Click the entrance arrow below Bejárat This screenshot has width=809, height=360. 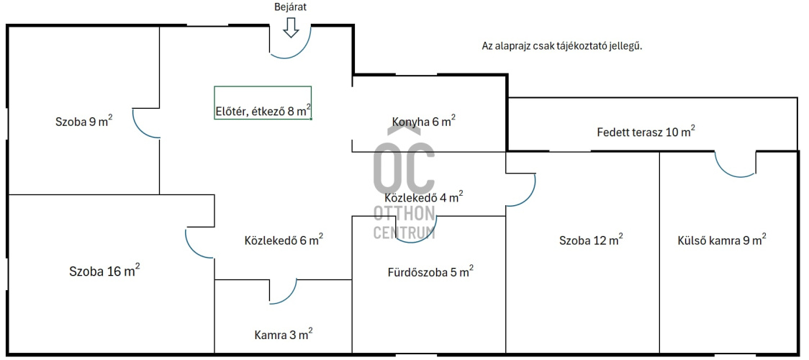coord(291,27)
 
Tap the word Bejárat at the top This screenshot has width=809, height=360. coord(291,7)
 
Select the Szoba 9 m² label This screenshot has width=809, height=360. coord(84,122)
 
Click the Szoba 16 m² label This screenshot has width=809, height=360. coord(105,271)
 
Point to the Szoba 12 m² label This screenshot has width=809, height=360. coord(591,240)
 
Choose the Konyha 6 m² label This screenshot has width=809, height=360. coord(424,121)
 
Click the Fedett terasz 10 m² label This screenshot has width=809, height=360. coord(646,131)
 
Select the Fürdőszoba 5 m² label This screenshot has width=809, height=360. coord(431,272)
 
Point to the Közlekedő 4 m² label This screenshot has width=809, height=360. coord(424,197)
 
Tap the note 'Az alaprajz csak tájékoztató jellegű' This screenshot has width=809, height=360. coord(562,45)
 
